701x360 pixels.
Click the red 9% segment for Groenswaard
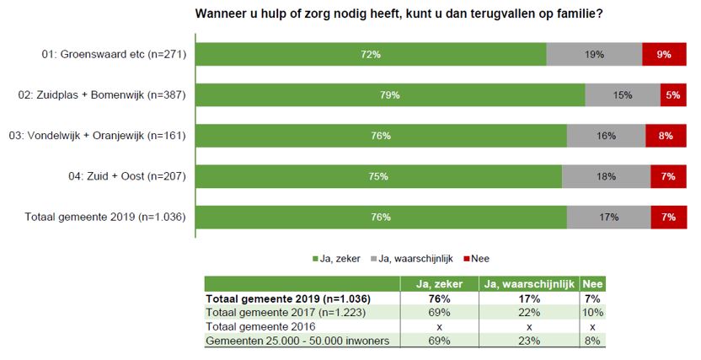pyautogui.click(x=663, y=55)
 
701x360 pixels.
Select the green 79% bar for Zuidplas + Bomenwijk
pyautogui.click(x=389, y=95)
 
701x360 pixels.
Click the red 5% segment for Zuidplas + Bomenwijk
pyautogui.click(x=672, y=95)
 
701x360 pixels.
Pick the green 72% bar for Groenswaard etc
pyautogui.click(x=371, y=55)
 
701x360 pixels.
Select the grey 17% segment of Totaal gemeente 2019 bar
pyautogui.click(x=607, y=217)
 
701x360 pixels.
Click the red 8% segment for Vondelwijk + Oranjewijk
pyautogui.click(x=665, y=136)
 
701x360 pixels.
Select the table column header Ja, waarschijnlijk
pyautogui.click(x=527, y=284)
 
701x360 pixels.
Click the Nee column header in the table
pyautogui.click(x=592, y=284)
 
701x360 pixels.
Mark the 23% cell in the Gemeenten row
pyautogui.click(x=527, y=340)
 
